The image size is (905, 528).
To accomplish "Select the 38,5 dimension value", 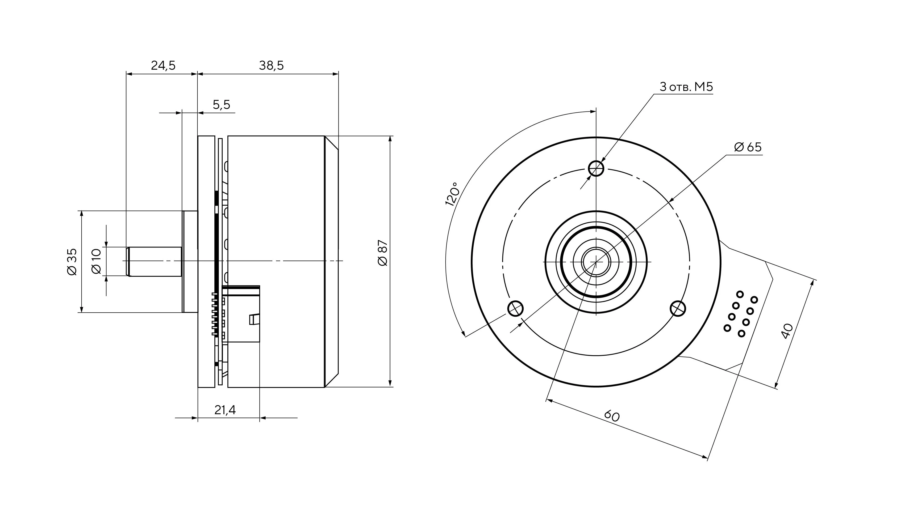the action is click(x=271, y=65).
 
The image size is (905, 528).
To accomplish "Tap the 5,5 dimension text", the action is click(x=221, y=105).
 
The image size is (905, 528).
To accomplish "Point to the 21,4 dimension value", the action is click(x=225, y=410).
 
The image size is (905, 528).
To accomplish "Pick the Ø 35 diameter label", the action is click(x=72, y=262).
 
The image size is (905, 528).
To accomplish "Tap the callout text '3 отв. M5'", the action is click(x=686, y=87).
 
